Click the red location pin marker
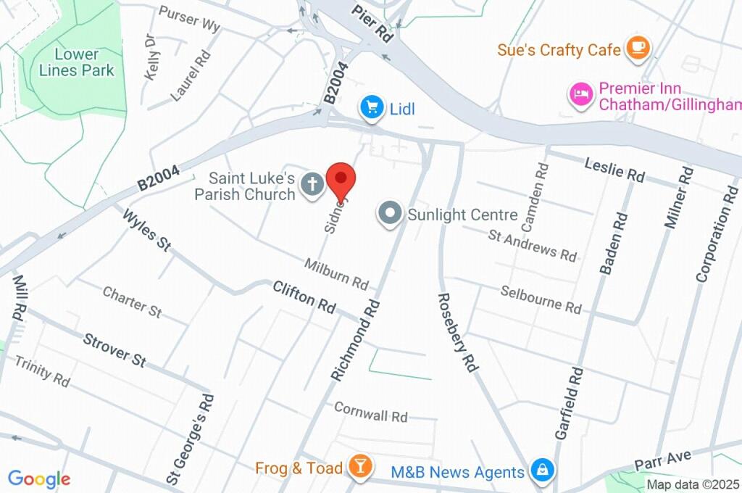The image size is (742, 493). (x=341, y=179)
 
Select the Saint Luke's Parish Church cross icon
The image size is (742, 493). (x=312, y=184)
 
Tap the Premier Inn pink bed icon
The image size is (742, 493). (x=581, y=95)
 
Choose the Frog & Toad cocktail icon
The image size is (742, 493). (x=359, y=467)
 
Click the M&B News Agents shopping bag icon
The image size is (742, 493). (x=541, y=471)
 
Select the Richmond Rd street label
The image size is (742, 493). (x=356, y=340)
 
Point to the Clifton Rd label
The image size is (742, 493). (x=304, y=297)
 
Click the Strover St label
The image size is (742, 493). (x=114, y=349)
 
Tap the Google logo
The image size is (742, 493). (x=38, y=478)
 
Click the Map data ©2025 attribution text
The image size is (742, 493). (x=692, y=484)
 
